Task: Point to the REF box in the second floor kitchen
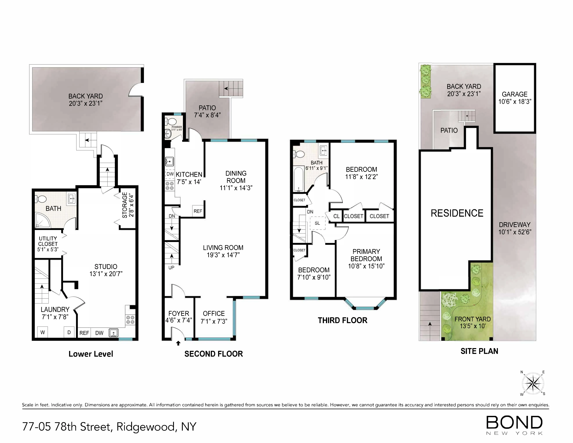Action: pos(198,211)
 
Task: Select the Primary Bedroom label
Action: pos(366,255)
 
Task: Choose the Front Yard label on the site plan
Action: pos(472,319)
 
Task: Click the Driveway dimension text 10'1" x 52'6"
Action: pos(515,232)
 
